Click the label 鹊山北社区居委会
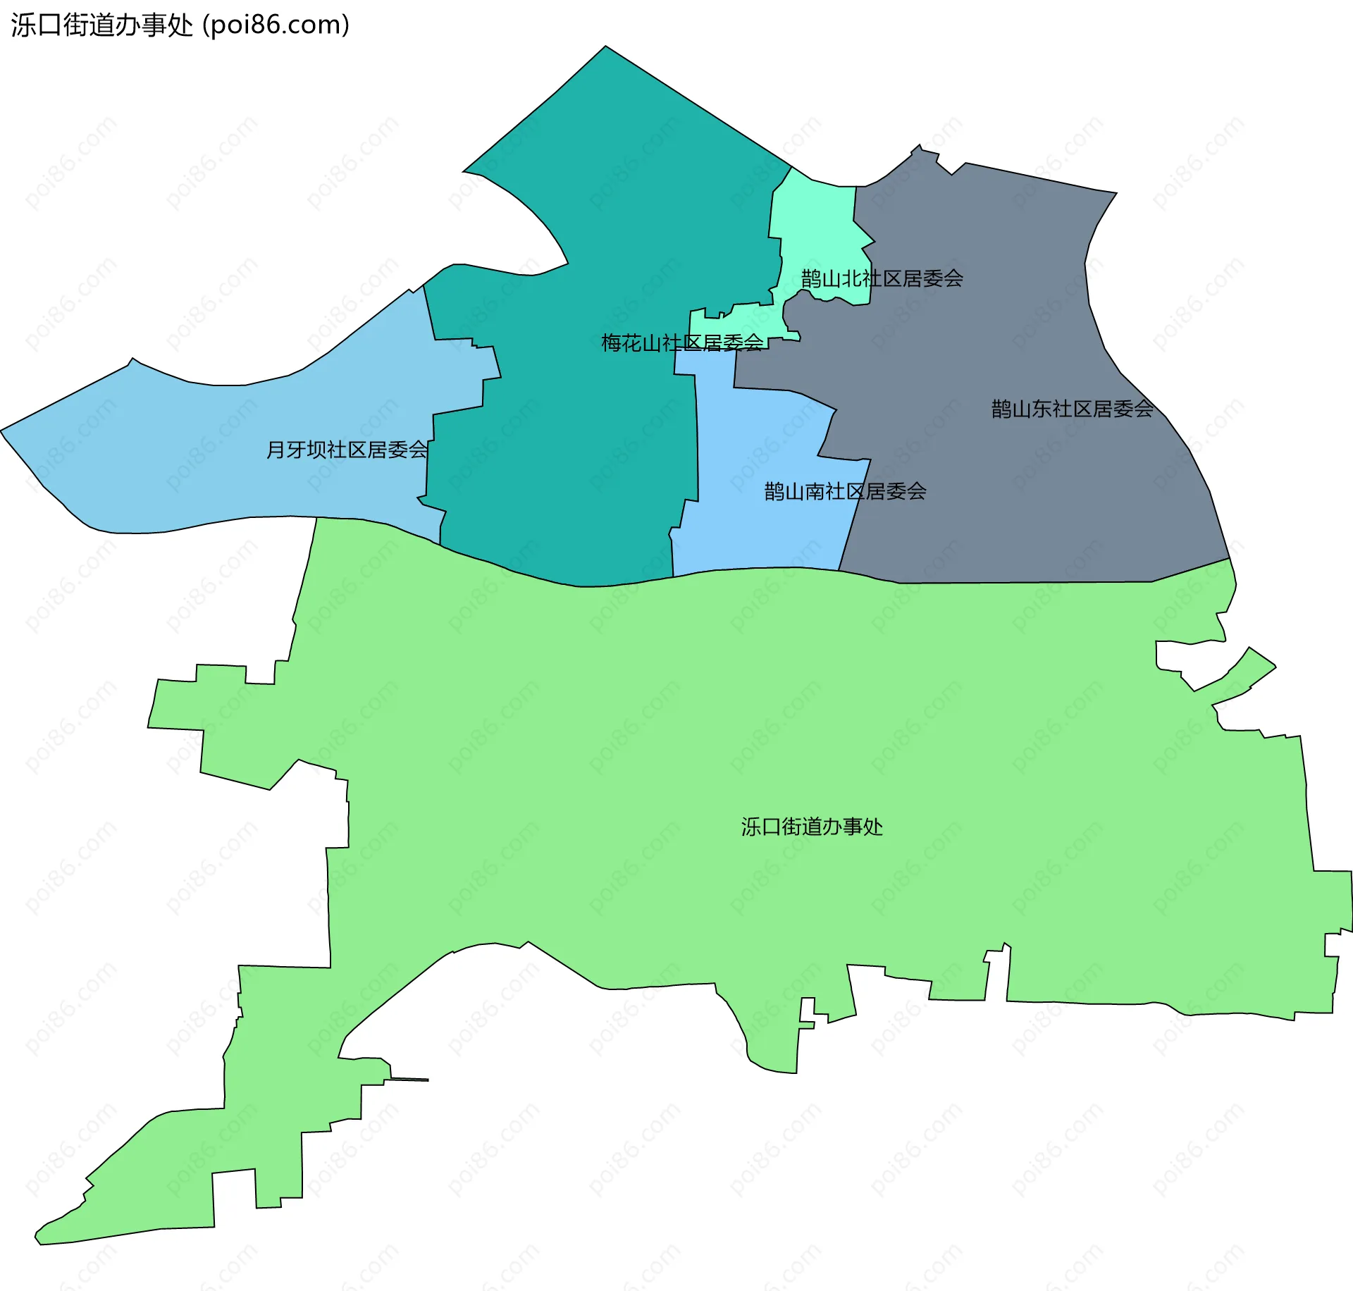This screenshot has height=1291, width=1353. click(x=882, y=278)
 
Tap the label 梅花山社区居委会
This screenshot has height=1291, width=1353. click(x=681, y=343)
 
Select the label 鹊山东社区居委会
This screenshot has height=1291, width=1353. click(x=1072, y=409)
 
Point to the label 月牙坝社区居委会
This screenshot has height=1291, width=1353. click(x=347, y=450)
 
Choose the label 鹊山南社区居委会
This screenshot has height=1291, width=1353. click(x=845, y=491)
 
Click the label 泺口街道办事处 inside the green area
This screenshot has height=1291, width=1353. click(x=811, y=827)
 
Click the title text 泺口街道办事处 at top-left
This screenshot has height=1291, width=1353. click(x=101, y=25)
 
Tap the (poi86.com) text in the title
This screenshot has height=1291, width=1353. click(x=276, y=25)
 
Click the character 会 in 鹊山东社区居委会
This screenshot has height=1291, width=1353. click(x=1144, y=409)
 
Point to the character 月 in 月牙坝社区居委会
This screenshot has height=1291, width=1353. click(x=276, y=450)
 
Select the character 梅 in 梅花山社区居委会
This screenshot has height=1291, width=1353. click(x=611, y=343)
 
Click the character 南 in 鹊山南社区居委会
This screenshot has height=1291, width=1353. click(x=815, y=491)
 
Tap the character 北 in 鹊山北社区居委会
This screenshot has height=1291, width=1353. click(x=851, y=278)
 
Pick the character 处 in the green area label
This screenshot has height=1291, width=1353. click(x=872, y=827)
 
